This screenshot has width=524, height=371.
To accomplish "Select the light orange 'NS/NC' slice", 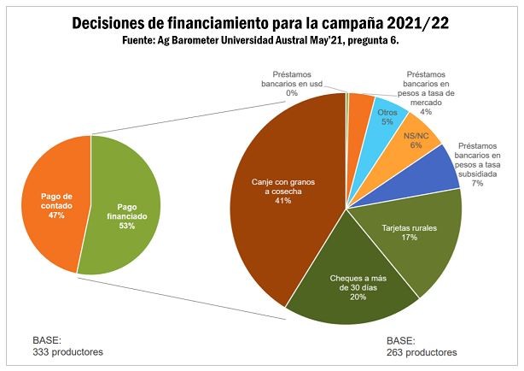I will pos(416,142).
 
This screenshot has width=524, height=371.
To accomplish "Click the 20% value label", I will pos(358,298).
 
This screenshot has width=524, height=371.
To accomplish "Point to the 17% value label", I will pos(409,238).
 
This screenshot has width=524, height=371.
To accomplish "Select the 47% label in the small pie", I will pos(58,215).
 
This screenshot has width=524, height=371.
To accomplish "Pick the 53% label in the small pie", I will pos(126,227).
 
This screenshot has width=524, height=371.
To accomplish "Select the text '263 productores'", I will pos(422,351).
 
